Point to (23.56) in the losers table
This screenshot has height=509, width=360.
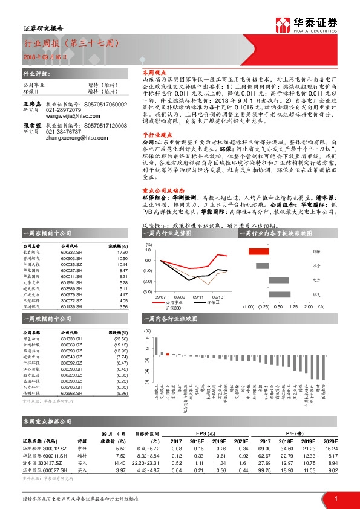coord(122,339)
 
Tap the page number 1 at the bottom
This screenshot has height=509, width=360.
coord(335,498)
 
